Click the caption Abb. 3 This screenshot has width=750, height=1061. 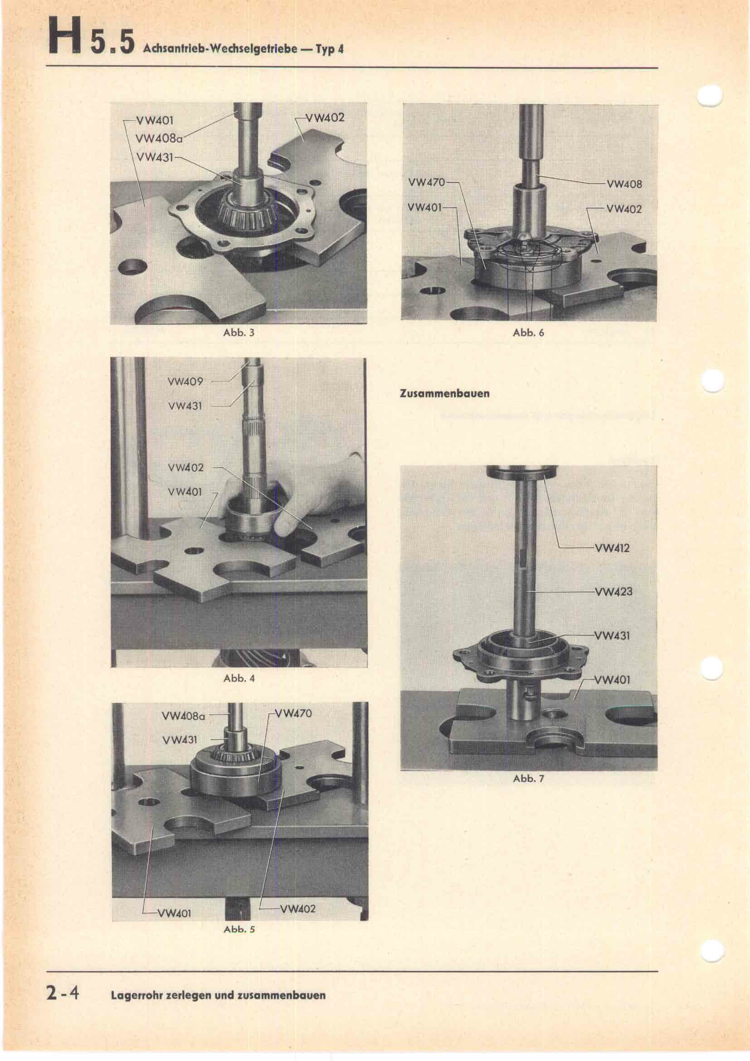click(239, 332)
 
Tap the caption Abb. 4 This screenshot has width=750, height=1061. click(239, 678)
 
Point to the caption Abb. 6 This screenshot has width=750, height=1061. click(528, 332)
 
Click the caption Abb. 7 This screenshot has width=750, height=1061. click(528, 779)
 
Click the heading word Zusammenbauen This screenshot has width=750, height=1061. click(444, 394)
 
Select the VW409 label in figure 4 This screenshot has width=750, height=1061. click(185, 381)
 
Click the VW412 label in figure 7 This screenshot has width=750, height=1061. click(612, 548)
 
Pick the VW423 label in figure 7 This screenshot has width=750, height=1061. click(613, 592)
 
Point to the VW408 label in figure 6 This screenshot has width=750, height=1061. click(624, 184)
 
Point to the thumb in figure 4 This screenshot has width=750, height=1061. click(283, 525)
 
